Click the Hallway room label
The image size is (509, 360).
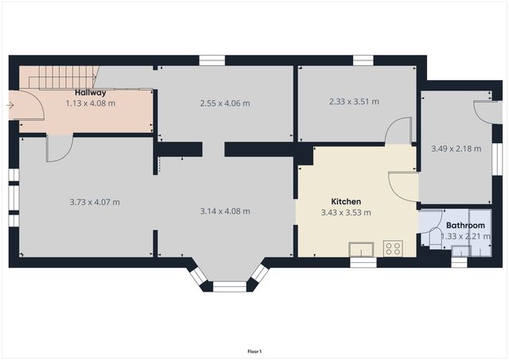tap(91, 93)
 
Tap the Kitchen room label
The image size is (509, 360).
tap(346, 202)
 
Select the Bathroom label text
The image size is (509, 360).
tap(465, 225)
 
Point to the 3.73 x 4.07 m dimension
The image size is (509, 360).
tap(95, 202)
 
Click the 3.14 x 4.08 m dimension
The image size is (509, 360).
tap(225, 211)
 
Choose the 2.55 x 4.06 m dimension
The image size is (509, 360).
tap(225, 103)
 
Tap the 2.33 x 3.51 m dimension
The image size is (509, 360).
tap(354, 102)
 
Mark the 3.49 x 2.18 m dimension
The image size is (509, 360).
tap(456, 148)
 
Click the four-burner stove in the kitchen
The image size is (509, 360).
tap(393, 248)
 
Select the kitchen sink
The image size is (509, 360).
tap(362, 247)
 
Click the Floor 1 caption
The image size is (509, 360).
tap(254, 351)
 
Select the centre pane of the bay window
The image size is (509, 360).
tap(229, 285)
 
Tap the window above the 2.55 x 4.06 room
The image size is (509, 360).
tap(212, 60)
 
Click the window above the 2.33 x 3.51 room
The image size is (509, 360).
tap(363, 60)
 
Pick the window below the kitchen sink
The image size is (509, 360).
tap(363, 262)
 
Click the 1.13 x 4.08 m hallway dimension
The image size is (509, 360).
tap(91, 103)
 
